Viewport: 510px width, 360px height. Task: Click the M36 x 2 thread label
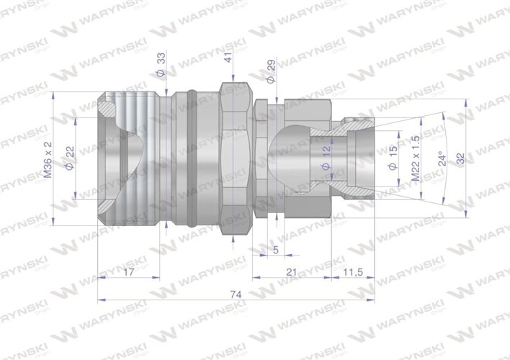click(49, 160)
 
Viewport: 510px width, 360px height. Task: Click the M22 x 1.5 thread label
click(416, 160)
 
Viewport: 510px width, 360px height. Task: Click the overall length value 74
click(237, 294)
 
